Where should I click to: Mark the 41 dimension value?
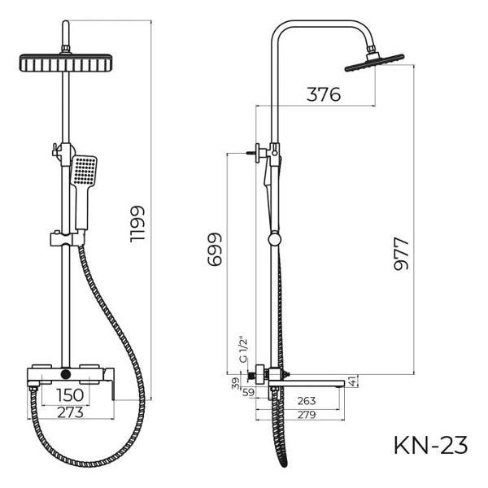[351, 379]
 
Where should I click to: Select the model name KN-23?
[430, 445]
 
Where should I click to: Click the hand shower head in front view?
[84, 172]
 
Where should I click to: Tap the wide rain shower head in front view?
[63, 63]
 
